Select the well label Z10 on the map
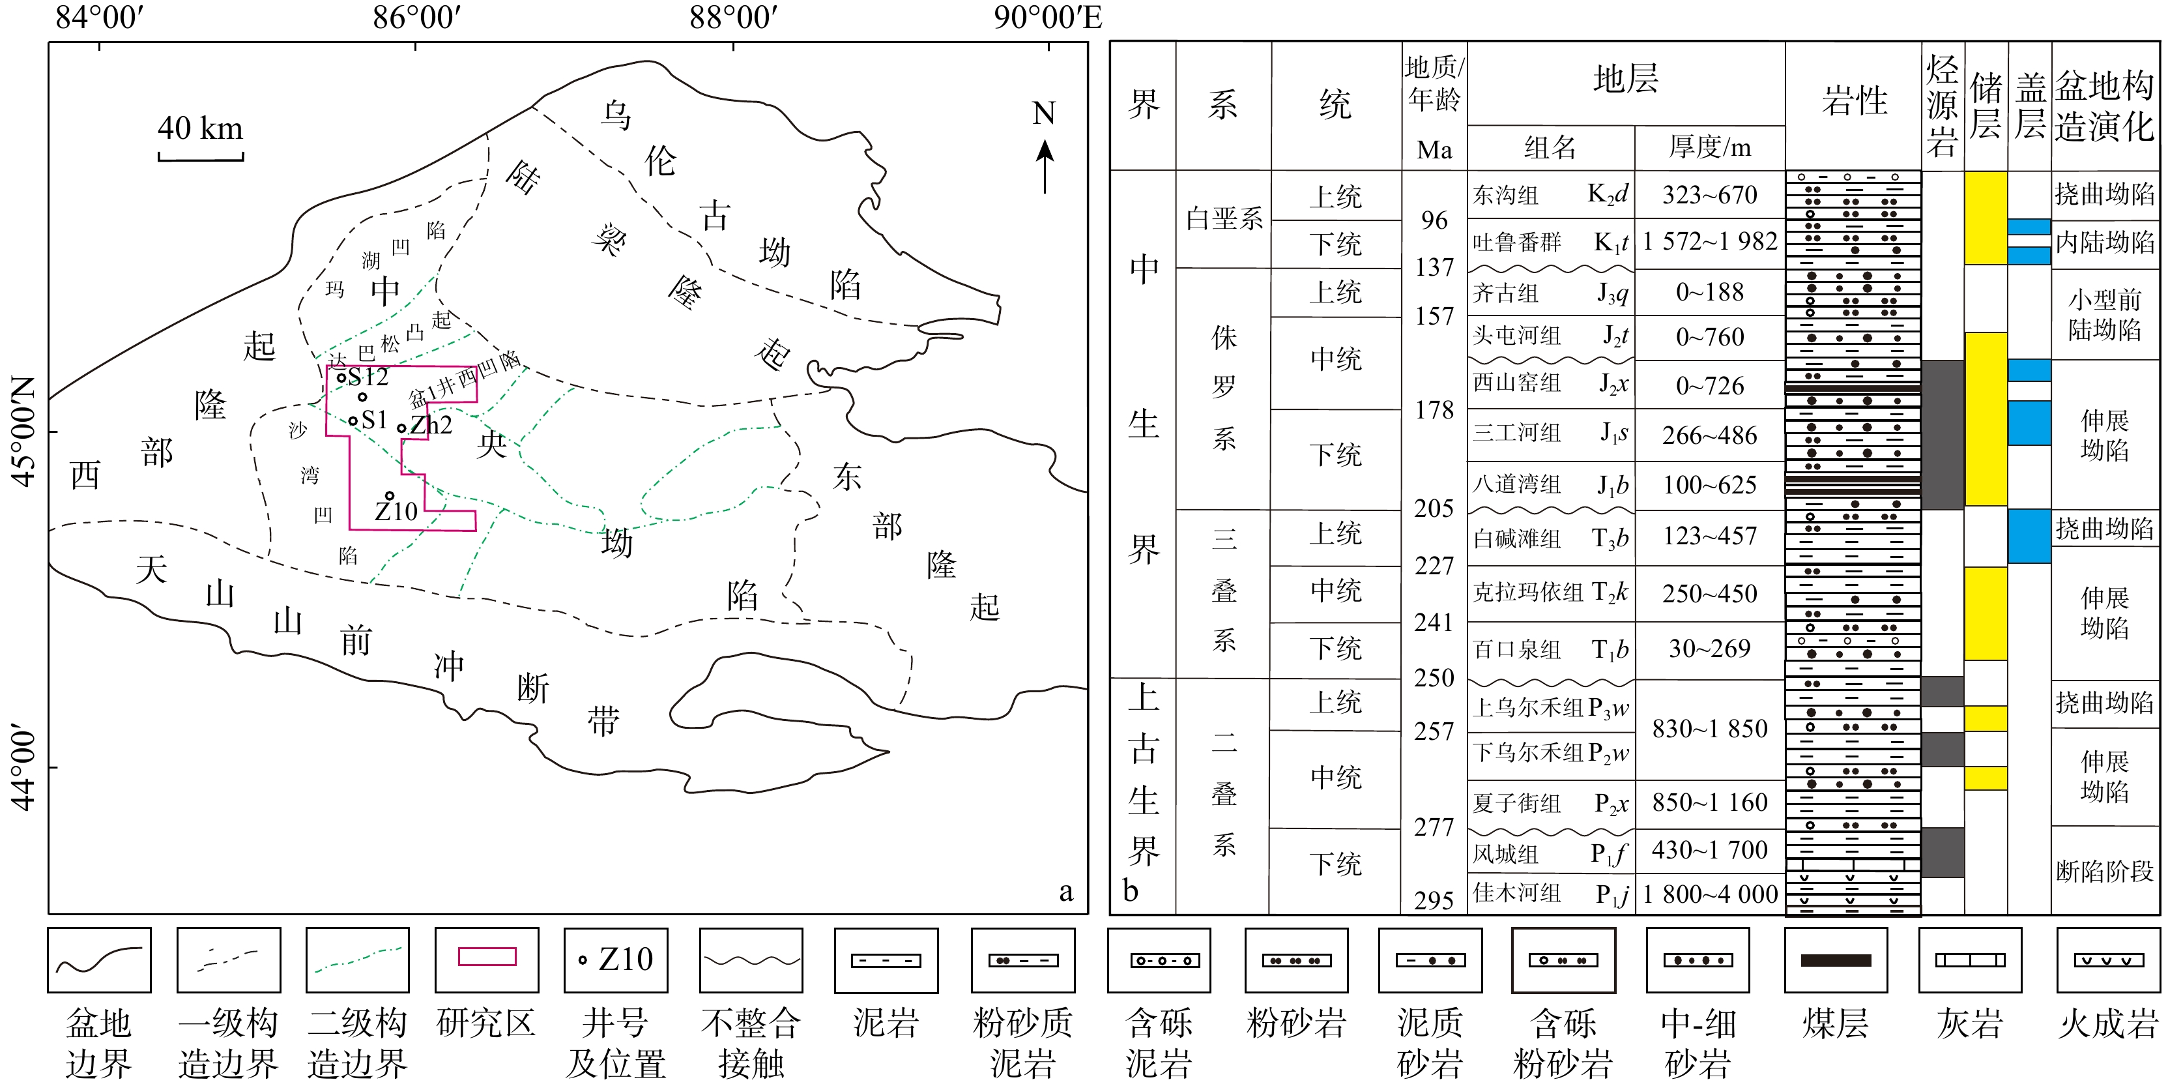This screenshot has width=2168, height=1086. [x=396, y=511]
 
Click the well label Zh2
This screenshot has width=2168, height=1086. [x=431, y=424]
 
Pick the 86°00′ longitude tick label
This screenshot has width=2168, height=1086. [x=416, y=17]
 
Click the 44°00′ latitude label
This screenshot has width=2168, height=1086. [x=23, y=768]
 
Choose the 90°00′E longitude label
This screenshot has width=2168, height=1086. [x=1047, y=17]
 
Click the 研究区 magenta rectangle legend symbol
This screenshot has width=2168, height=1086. [x=487, y=957]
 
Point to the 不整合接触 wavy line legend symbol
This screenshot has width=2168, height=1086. [x=751, y=960]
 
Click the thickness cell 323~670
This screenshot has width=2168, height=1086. [x=1709, y=196]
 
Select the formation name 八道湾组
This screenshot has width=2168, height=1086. [x=1516, y=484]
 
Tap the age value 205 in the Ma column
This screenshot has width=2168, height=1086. [x=1434, y=508]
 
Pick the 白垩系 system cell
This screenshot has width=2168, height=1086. [x=1224, y=219]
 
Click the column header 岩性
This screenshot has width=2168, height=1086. [x=1854, y=102]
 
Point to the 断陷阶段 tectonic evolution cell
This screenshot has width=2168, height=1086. [x=2104, y=872]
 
